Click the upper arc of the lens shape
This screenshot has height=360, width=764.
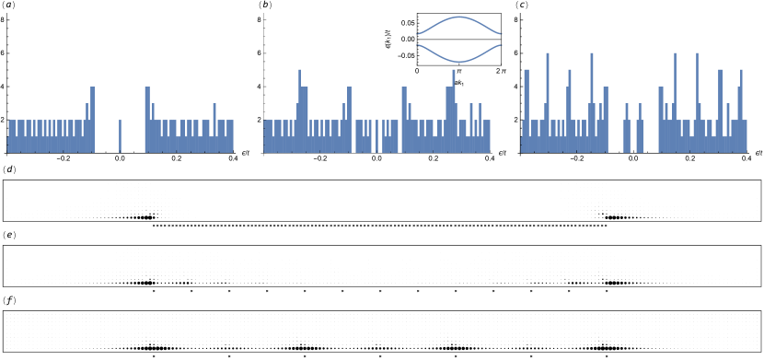[459, 17]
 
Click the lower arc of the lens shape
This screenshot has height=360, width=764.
[459, 61]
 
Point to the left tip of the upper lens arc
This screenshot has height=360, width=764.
[418, 34]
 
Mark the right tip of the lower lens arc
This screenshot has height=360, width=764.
[501, 44]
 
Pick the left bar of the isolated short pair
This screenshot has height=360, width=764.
[627, 129]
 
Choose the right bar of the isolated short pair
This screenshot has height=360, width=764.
[640, 129]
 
